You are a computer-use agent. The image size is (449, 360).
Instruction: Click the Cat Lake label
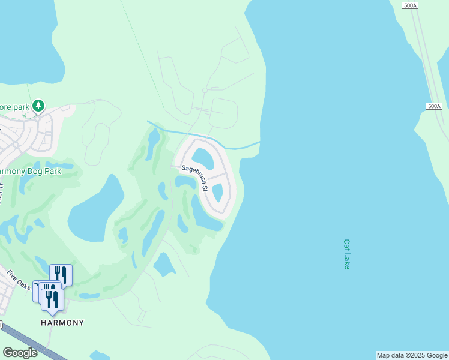346,254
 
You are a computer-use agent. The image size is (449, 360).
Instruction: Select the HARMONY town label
62,323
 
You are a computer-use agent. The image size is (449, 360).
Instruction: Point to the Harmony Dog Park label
30,171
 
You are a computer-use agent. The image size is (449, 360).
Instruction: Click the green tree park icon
38,106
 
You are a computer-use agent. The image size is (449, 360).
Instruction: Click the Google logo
20,352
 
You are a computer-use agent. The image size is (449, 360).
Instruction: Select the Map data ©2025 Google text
411,355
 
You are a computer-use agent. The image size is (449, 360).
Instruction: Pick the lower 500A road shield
434,106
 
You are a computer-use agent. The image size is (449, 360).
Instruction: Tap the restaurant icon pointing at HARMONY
53,299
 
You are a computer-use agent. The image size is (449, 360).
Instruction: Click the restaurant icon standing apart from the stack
61,275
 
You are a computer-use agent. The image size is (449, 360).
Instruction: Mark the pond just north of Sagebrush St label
202,158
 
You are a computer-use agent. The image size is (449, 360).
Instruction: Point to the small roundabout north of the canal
205,90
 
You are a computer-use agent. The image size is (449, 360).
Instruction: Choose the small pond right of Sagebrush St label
217,192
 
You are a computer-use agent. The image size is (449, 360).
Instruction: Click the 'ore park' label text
14,107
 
